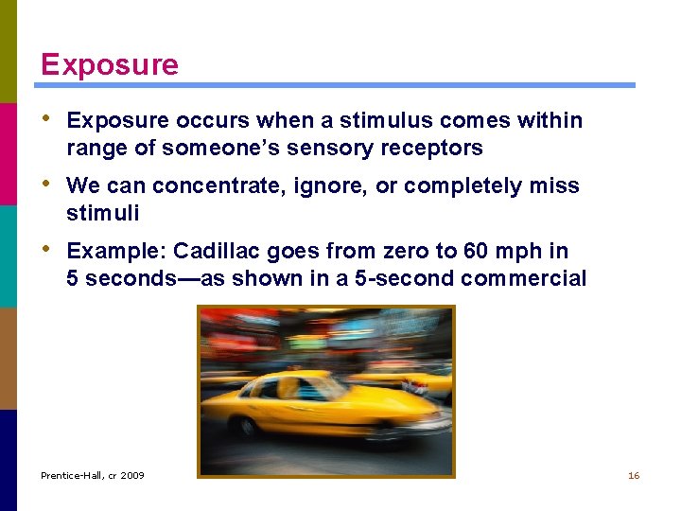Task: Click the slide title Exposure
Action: point(109,64)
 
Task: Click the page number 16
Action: point(634,475)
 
